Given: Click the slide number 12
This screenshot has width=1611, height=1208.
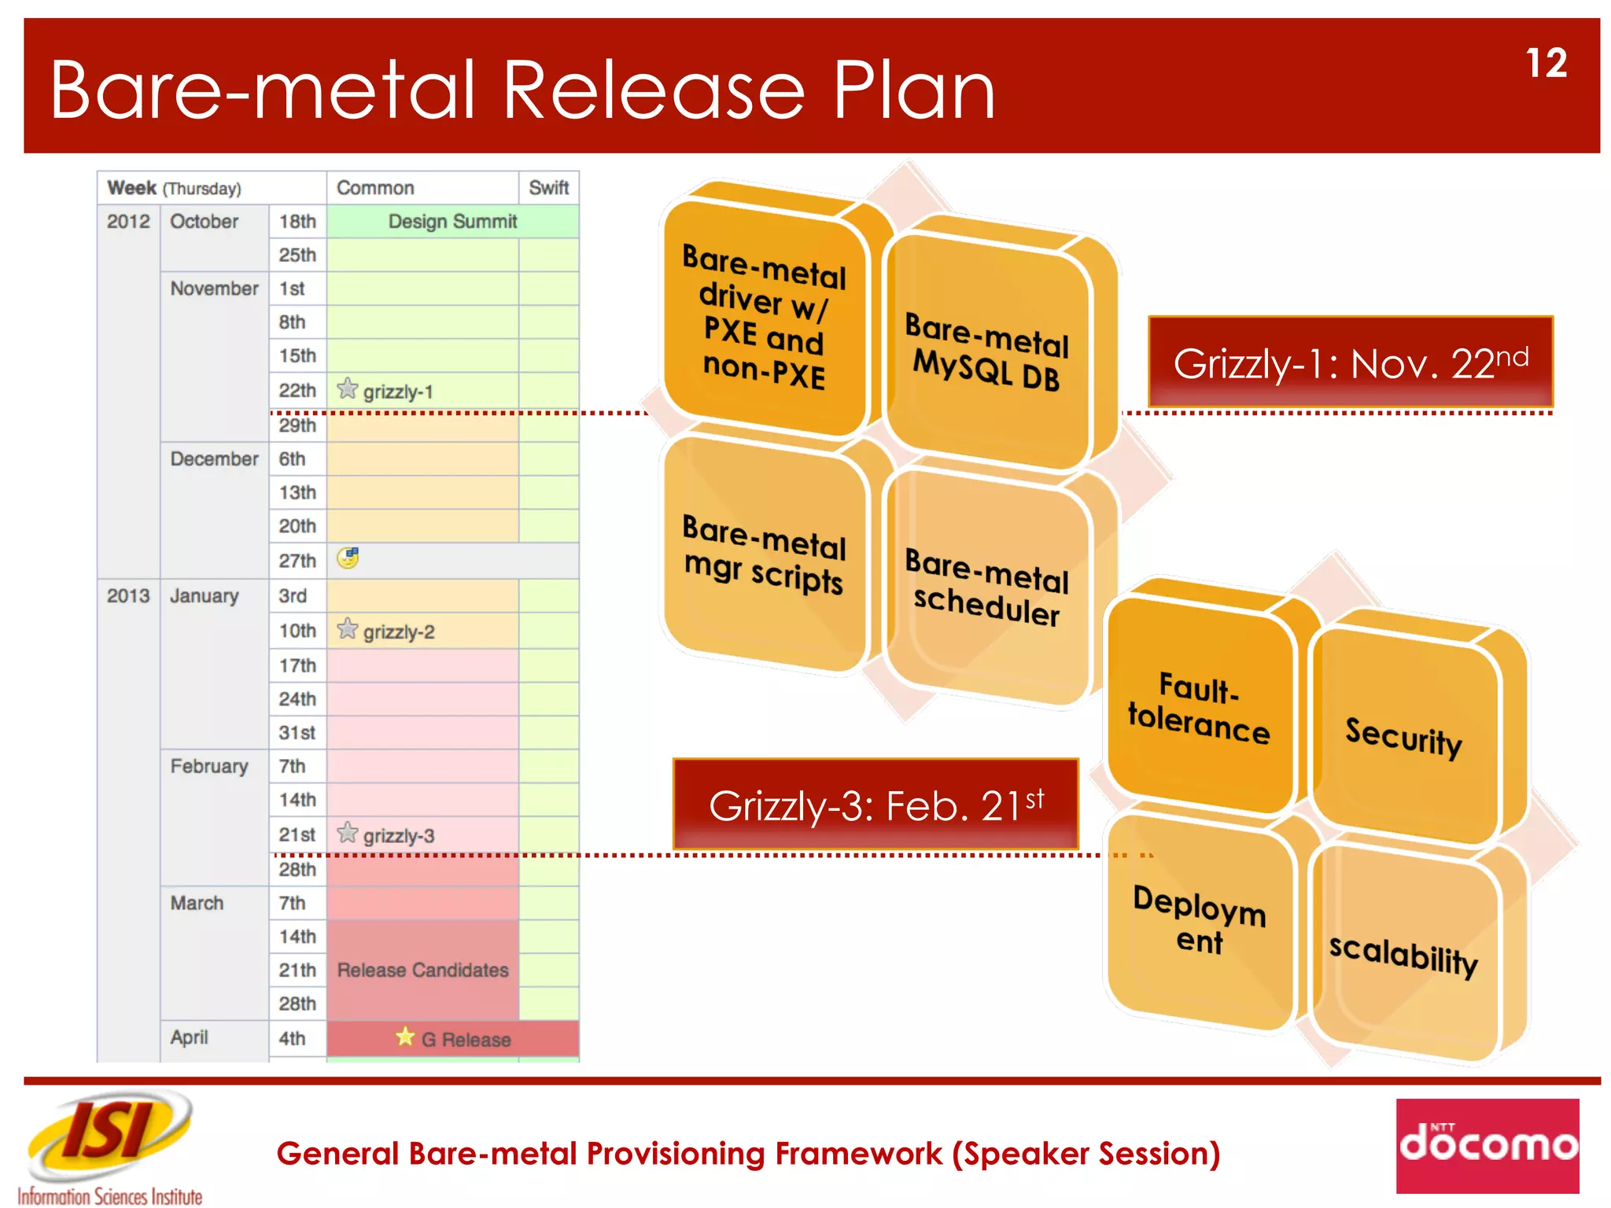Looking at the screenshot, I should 1546,64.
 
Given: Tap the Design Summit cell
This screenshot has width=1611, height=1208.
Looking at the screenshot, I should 452,222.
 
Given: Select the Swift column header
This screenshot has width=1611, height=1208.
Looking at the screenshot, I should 548,188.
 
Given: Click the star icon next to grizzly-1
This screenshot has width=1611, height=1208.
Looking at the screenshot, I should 347,389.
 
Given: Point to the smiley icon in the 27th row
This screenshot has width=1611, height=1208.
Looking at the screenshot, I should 348,558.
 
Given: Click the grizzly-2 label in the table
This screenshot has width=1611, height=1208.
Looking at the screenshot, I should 398,632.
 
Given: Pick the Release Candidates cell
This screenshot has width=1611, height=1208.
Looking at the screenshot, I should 422,970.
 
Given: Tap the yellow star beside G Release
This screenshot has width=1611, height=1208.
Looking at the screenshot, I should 405,1037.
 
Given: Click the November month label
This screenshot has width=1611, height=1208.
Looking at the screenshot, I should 214,289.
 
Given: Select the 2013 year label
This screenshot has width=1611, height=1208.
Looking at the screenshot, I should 128,596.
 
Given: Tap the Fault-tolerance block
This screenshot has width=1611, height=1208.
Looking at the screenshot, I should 1198,708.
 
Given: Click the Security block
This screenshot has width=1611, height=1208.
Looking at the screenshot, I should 1404,738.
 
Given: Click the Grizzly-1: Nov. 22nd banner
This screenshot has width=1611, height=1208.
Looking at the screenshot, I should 1351,363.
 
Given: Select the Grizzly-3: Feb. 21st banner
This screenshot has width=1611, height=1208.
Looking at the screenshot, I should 876,805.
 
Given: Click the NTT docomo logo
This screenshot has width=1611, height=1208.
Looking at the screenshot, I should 1488,1145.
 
